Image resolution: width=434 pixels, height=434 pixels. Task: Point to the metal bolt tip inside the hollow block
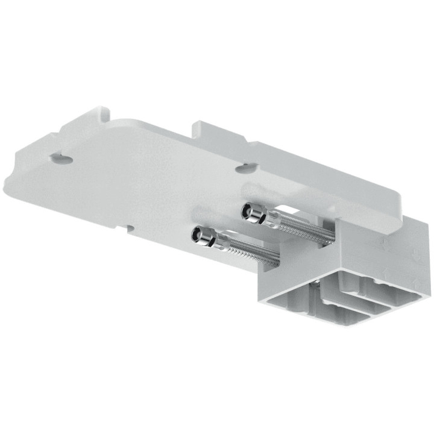pos(315,282)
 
